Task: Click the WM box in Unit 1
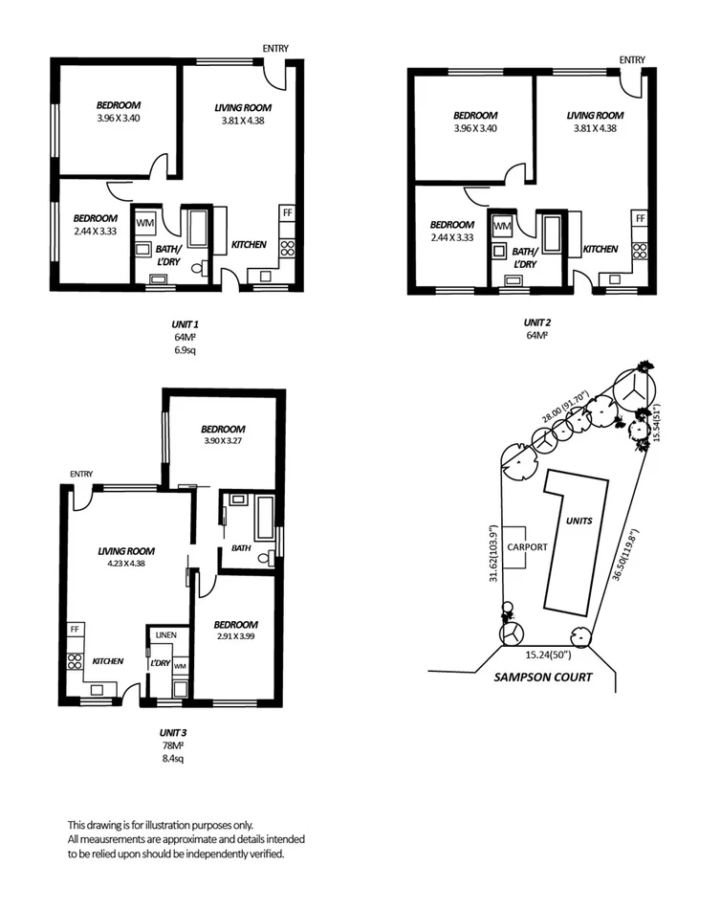tap(146, 223)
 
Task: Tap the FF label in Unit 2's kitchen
tap(641, 218)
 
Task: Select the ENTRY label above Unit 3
tap(81, 474)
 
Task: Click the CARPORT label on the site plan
tap(527, 546)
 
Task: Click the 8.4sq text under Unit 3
tap(171, 758)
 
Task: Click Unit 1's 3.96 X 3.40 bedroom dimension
tap(119, 119)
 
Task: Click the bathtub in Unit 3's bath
tap(264, 519)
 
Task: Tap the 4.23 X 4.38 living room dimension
tap(126, 564)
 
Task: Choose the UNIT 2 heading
tap(537, 322)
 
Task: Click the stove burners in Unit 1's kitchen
tap(286, 249)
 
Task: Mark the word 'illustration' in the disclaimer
tap(169, 824)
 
